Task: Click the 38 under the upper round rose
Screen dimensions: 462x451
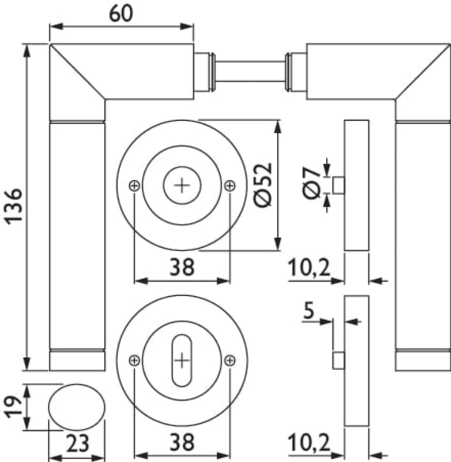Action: pyautogui.click(x=182, y=267)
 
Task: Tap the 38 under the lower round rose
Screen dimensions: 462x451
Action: pyautogui.click(x=182, y=443)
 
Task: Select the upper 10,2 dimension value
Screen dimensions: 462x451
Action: pyautogui.click(x=309, y=267)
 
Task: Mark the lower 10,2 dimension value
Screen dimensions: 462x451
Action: pyautogui.click(x=309, y=444)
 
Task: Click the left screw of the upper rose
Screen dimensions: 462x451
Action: pyautogui.click(x=134, y=185)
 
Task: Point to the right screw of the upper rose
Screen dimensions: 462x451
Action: pyautogui.click(x=230, y=185)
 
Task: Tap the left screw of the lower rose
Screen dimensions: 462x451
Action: pyautogui.click(x=134, y=360)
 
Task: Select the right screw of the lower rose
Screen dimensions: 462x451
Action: pyautogui.click(x=230, y=360)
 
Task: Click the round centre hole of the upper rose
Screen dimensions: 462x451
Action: pyautogui.click(x=182, y=185)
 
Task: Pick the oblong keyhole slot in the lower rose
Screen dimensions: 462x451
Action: pyautogui.click(x=182, y=360)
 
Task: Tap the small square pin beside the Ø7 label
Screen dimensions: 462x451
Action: pyautogui.click(x=339, y=185)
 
